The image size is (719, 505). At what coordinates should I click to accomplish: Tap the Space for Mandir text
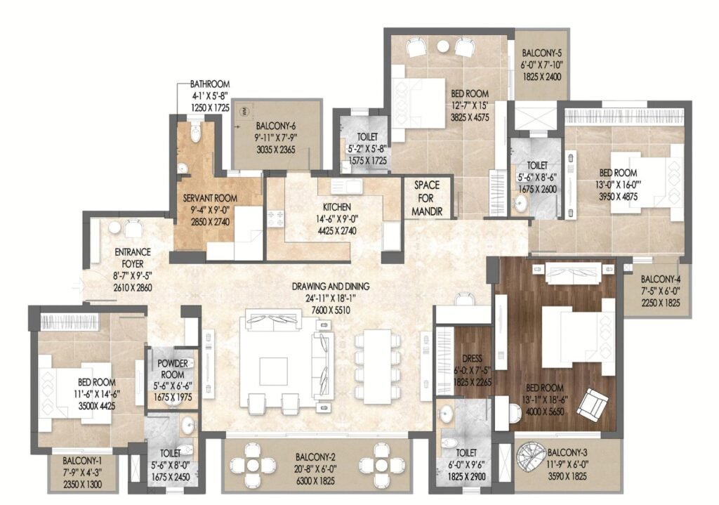tap(426, 198)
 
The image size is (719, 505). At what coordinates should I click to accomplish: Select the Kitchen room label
tap(336, 207)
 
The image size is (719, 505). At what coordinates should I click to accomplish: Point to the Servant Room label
tap(210, 198)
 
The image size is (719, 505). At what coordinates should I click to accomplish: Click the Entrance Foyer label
tap(133, 258)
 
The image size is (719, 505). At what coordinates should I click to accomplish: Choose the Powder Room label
tap(173, 369)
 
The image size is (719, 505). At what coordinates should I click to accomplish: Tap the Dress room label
tap(473, 358)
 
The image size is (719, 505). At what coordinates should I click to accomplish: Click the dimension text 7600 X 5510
tap(324, 310)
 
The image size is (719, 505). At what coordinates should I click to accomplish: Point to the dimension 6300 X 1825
tap(315, 480)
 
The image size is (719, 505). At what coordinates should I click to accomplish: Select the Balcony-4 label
tap(660, 279)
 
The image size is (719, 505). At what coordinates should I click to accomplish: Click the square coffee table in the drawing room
tap(273, 371)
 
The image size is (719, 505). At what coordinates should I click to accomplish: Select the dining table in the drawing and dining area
tap(378, 367)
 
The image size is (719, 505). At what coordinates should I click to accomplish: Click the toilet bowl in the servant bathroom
tap(196, 133)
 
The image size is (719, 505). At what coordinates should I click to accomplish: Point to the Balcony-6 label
tap(275, 126)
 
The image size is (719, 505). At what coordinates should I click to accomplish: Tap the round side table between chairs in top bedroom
tap(444, 46)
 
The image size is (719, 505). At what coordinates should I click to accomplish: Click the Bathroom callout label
tap(210, 84)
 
